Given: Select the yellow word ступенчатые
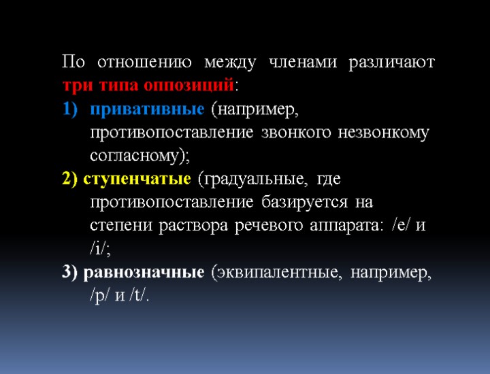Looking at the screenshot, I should [136, 180].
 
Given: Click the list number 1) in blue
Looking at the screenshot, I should [71, 109].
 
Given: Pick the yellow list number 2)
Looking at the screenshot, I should [70, 180].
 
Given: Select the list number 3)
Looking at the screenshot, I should [70, 273].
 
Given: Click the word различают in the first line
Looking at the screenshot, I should [391, 63].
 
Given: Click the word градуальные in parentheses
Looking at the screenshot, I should [252, 180].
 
